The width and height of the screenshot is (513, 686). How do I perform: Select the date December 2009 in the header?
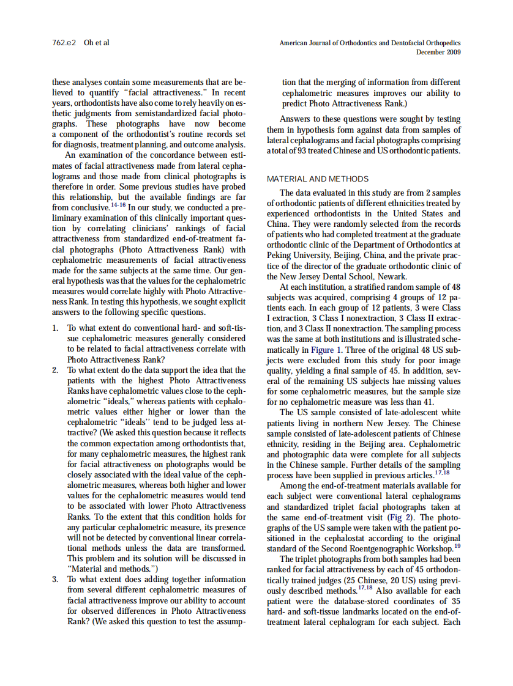click(438, 52)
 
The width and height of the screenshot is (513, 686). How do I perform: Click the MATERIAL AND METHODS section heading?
click(318, 179)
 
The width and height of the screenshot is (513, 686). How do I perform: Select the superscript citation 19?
click(457, 546)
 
